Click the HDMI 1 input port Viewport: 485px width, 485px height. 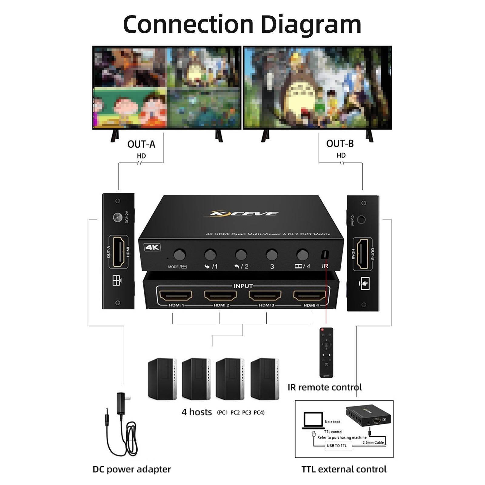pos(176,295)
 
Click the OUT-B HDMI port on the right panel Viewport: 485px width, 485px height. pos(363,254)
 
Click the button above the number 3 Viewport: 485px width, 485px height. pos(272,254)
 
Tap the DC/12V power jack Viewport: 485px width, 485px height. pos(118,217)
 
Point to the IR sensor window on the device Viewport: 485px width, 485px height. pos(324,255)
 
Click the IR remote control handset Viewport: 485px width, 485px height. pos(326,353)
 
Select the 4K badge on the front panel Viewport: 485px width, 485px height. pos(152,247)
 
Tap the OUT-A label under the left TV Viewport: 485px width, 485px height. pos(141,144)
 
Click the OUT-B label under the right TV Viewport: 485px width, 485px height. pos(340,144)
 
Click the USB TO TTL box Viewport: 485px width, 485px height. pos(337,446)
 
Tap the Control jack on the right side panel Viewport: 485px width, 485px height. pos(361,219)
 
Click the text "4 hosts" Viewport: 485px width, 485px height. pos(197,412)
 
